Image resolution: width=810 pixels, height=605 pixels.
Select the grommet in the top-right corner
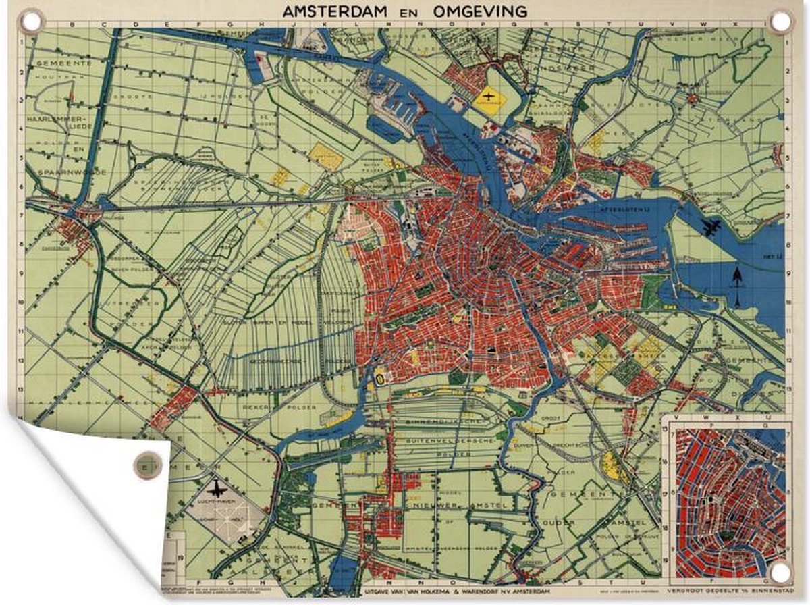(x=780, y=22)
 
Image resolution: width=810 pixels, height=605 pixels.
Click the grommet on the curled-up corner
(x=144, y=465)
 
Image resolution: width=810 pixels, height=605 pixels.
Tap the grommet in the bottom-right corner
(x=780, y=574)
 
